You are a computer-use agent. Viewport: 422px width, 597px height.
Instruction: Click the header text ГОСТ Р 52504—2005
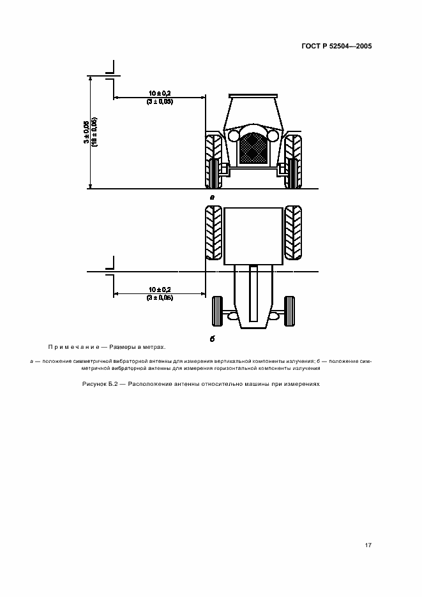coord(336,46)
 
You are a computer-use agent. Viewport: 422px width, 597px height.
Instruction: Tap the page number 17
coord(368,545)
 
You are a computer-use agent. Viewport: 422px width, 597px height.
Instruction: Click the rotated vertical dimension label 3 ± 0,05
coord(87,132)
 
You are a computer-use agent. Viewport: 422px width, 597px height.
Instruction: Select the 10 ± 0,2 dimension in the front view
coord(160,93)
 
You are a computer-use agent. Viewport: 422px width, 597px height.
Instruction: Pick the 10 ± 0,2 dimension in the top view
coord(160,290)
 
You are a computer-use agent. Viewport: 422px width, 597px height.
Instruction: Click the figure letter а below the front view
coord(213,197)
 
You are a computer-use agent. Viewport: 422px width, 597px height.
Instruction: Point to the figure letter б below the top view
coord(213,339)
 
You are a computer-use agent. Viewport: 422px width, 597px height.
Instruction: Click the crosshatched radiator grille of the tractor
coord(252,148)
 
